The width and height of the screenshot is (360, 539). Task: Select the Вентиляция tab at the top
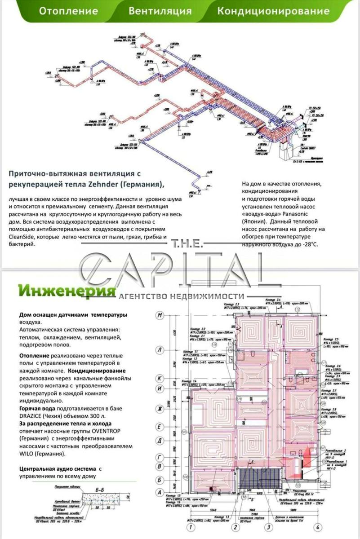coord(160,11)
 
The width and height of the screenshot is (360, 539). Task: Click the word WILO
coord(29,454)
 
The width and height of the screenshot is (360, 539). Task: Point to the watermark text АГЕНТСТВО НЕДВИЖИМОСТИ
coord(182,296)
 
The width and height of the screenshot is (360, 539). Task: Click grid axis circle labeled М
coord(159,316)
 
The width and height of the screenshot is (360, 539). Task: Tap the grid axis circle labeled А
coord(159,492)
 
